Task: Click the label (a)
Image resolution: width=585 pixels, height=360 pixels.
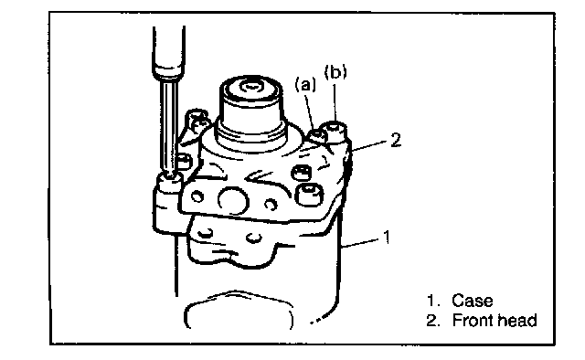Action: [x=305, y=85]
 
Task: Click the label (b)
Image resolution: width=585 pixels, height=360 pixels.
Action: [x=335, y=72]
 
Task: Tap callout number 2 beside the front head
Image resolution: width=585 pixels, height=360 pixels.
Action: [x=396, y=141]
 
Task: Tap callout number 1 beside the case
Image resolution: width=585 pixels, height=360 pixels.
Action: [x=388, y=238]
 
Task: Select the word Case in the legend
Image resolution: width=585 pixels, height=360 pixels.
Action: [x=472, y=301]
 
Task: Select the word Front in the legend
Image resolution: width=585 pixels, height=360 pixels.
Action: [x=472, y=321]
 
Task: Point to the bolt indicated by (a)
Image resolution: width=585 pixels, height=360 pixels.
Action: [x=317, y=135]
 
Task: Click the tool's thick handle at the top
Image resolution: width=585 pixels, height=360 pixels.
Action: [x=168, y=51]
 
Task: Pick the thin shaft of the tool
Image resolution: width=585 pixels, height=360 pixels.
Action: [x=168, y=127]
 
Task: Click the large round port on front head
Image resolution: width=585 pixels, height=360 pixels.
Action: [x=233, y=201]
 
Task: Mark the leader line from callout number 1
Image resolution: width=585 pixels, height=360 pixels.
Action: [x=362, y=242]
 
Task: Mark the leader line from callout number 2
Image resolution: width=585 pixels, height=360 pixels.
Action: [x=369, y=145]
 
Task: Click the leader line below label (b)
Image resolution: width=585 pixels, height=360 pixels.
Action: [x=335, y=102]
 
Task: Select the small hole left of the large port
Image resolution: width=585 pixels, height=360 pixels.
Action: [x=197, y=196]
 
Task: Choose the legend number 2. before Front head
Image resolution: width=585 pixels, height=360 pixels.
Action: [x=433, y=321]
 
